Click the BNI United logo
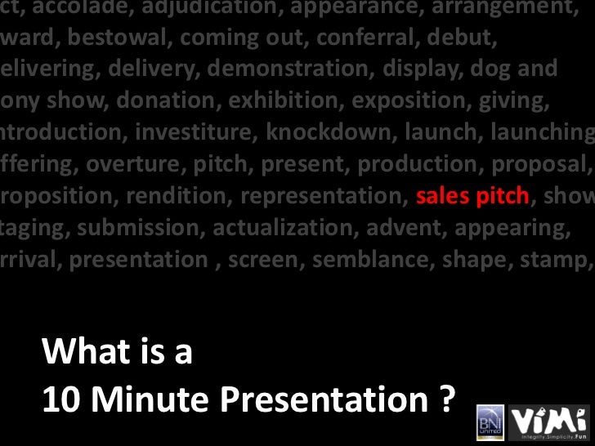(489, 423)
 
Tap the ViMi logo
(548, 423)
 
